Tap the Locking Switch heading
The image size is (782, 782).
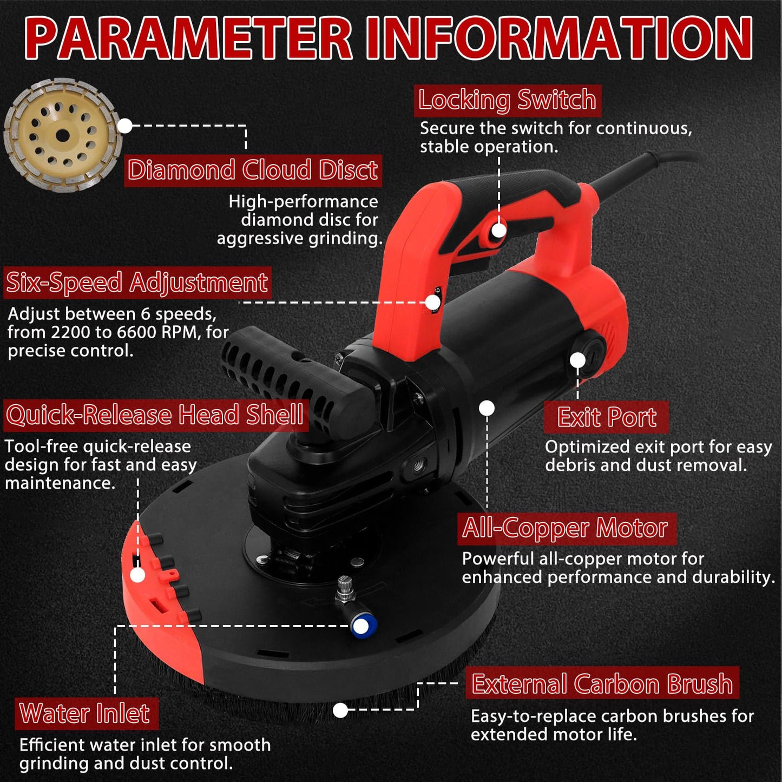pos(507,100)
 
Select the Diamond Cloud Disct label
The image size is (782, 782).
pos(253,170)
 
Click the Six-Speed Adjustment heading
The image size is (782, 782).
pos(137,282)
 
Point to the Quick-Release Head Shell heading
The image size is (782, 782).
pos(155,415)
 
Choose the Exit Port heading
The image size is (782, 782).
pos(606,417)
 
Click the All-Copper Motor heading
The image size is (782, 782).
pos(567,529)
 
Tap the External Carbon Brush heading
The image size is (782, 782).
pos(602,684)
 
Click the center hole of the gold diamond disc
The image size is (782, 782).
pos(62,136)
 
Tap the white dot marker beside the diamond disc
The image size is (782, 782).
pos(125,126)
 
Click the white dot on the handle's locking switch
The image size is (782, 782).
pos(499,231)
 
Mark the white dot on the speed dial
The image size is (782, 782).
pos(433,303)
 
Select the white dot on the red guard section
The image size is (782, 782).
pos(137,575)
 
